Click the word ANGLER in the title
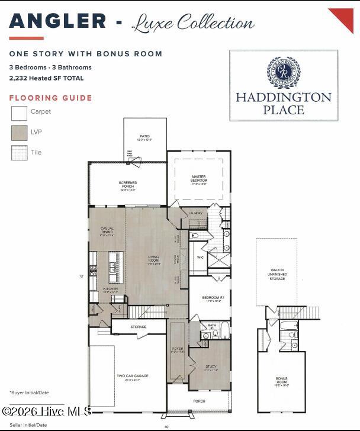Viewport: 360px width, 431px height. tap(57, 21)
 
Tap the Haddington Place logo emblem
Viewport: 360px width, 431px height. tap(284, 72)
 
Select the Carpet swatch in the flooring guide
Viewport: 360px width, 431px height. tap(19, 112)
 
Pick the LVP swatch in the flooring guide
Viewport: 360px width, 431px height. tap(19, 132)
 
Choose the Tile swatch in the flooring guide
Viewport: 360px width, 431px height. tap(19, 153)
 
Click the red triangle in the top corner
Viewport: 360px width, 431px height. tap(343, 18)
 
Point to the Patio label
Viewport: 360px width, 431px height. tap(145, 138)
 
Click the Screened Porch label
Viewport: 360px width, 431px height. tap(128, 186)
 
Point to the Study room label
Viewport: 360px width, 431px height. tap(211, 368)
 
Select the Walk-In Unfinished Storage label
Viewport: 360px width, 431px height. tap(277, 274)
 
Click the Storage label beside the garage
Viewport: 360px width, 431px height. tap(139, 327)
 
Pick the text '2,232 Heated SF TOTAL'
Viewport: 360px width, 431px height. tap(46, 78)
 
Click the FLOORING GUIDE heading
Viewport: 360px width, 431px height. tap(50, 98)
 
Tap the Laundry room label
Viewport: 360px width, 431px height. tap(195, 213)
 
